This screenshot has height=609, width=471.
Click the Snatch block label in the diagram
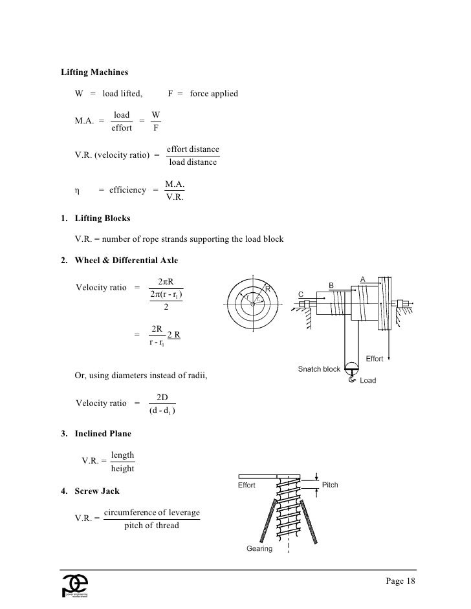319,369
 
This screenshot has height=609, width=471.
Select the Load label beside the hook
367,381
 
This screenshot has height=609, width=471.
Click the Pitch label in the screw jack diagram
329,485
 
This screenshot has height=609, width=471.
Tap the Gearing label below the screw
260,549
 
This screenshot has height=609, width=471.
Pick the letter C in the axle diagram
301,294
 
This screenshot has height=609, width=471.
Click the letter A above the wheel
363,279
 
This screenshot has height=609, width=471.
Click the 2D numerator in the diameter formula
163,398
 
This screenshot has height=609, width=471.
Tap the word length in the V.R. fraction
123,455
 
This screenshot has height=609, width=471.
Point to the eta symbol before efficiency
77,190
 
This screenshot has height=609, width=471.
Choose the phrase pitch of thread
151,525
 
